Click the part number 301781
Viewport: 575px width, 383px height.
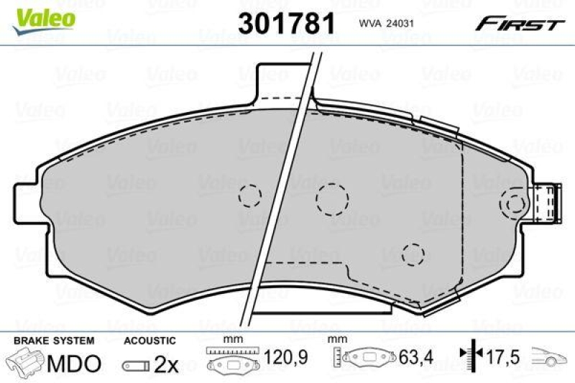[x=286, y=23]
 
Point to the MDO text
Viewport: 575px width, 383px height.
[x=74, y=364]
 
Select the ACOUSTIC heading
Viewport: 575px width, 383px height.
[x=149, y=339]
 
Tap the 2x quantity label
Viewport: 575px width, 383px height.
[x=166, y=364]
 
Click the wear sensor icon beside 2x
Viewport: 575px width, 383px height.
[x=137, y=366]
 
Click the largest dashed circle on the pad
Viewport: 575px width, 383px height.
[x=332, y=198]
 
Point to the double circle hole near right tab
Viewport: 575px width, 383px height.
[x=515, y=204]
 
